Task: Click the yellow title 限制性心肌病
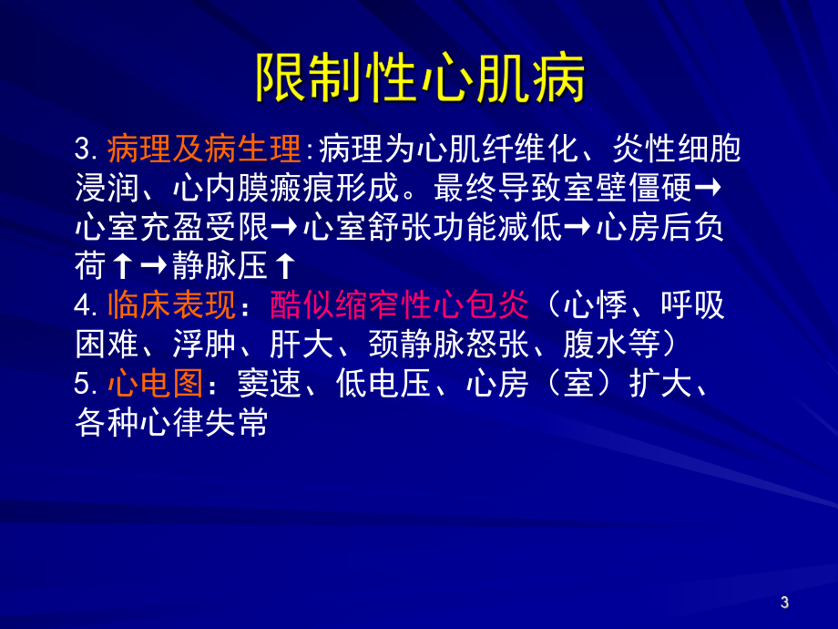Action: click(419, 77)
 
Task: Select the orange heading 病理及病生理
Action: click(203, 148)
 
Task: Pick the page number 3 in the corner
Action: click(785, 602)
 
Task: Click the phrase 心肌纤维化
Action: click(466, 148)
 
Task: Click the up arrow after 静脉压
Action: click(285, 266)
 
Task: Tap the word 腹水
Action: click(591, 345)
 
